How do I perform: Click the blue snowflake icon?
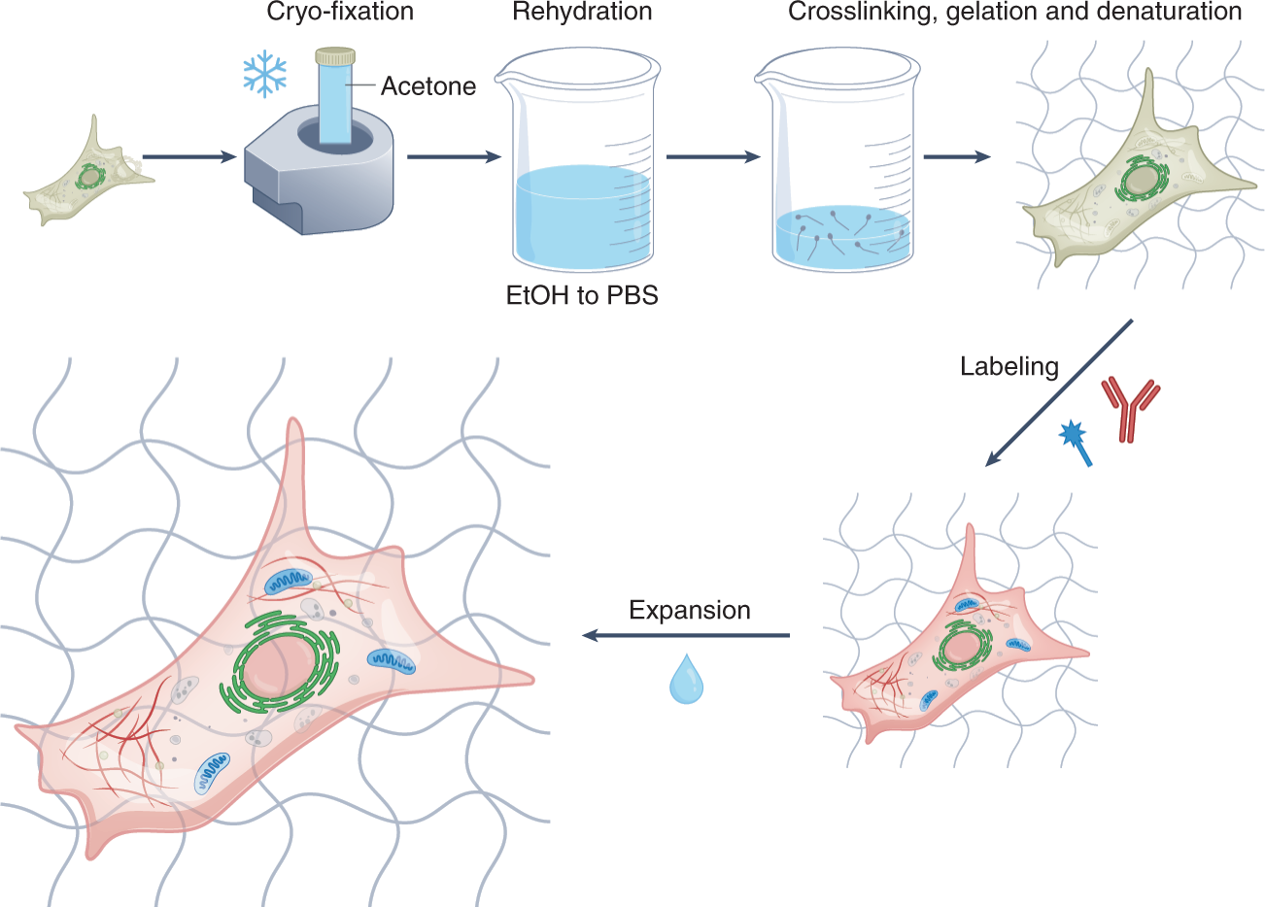(x=264, y=74)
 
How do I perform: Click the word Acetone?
(x=428, y=86)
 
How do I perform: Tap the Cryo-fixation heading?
(x=340, y=13)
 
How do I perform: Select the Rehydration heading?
(x=582, y=13)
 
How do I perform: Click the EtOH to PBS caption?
(x=582, y=295)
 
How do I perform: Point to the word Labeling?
(x=1009, y=366)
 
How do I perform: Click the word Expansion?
(x=690, y=610)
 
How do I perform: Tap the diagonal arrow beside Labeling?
(x=1059, y=392)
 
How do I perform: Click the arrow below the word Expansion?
(x=686, y=636)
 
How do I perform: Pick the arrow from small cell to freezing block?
(x=189, y=155)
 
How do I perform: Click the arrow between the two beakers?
(x=713, y=155)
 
